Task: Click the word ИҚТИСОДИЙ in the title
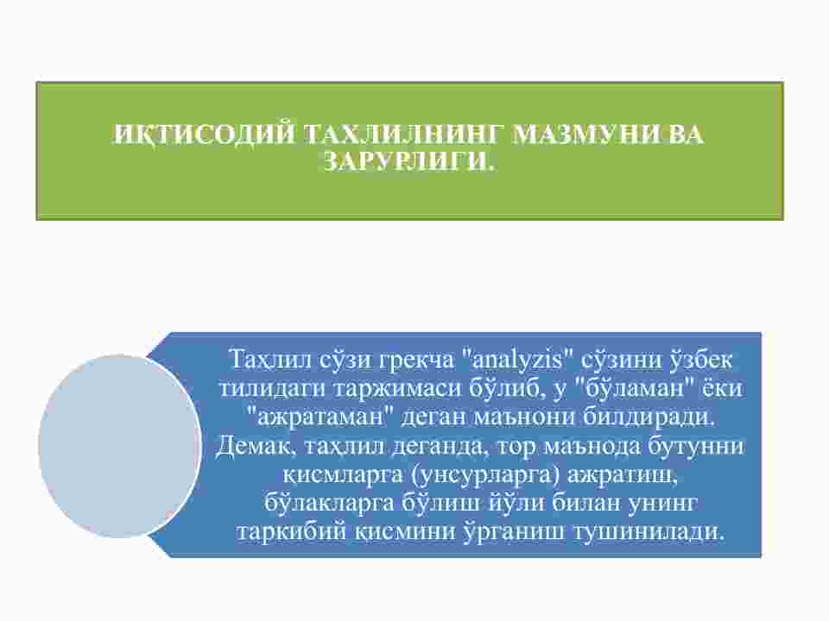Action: coord(205,135)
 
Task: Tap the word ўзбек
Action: coord(701,359)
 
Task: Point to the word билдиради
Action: coord(649,417)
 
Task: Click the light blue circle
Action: coord(120,446)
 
